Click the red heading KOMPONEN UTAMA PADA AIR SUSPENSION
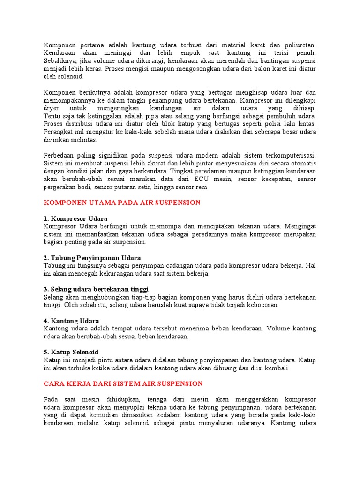click(x=122, y=202)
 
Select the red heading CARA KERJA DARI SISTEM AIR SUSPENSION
click(x=123, y=383)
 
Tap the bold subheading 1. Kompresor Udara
click(x=75, y=218)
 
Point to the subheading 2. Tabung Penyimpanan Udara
click(x=92, y=258)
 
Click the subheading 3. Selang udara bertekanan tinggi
click(x=96, y=289)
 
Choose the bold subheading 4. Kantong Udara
click(x=71, y=321)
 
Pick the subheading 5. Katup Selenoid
click(x=71, y=352)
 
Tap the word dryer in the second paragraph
click(x=52, y=108)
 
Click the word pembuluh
click(x=284, y=116)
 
